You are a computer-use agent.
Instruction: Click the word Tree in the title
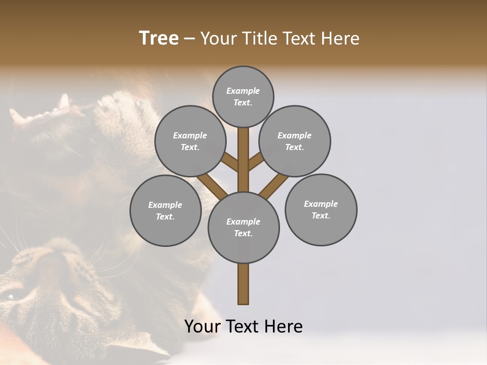pos(159,39)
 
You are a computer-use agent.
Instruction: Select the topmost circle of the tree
pos(243,96)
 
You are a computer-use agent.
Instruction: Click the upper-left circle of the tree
pos(190,141)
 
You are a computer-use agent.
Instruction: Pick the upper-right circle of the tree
pos(295,141)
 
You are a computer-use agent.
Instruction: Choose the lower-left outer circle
pos(165,210)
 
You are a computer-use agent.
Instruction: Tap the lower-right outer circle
pos(321,209)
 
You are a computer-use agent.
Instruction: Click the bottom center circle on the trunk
pos(243,227)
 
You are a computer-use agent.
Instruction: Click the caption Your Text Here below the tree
pos(243,326)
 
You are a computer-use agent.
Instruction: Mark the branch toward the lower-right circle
pos(274,186)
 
